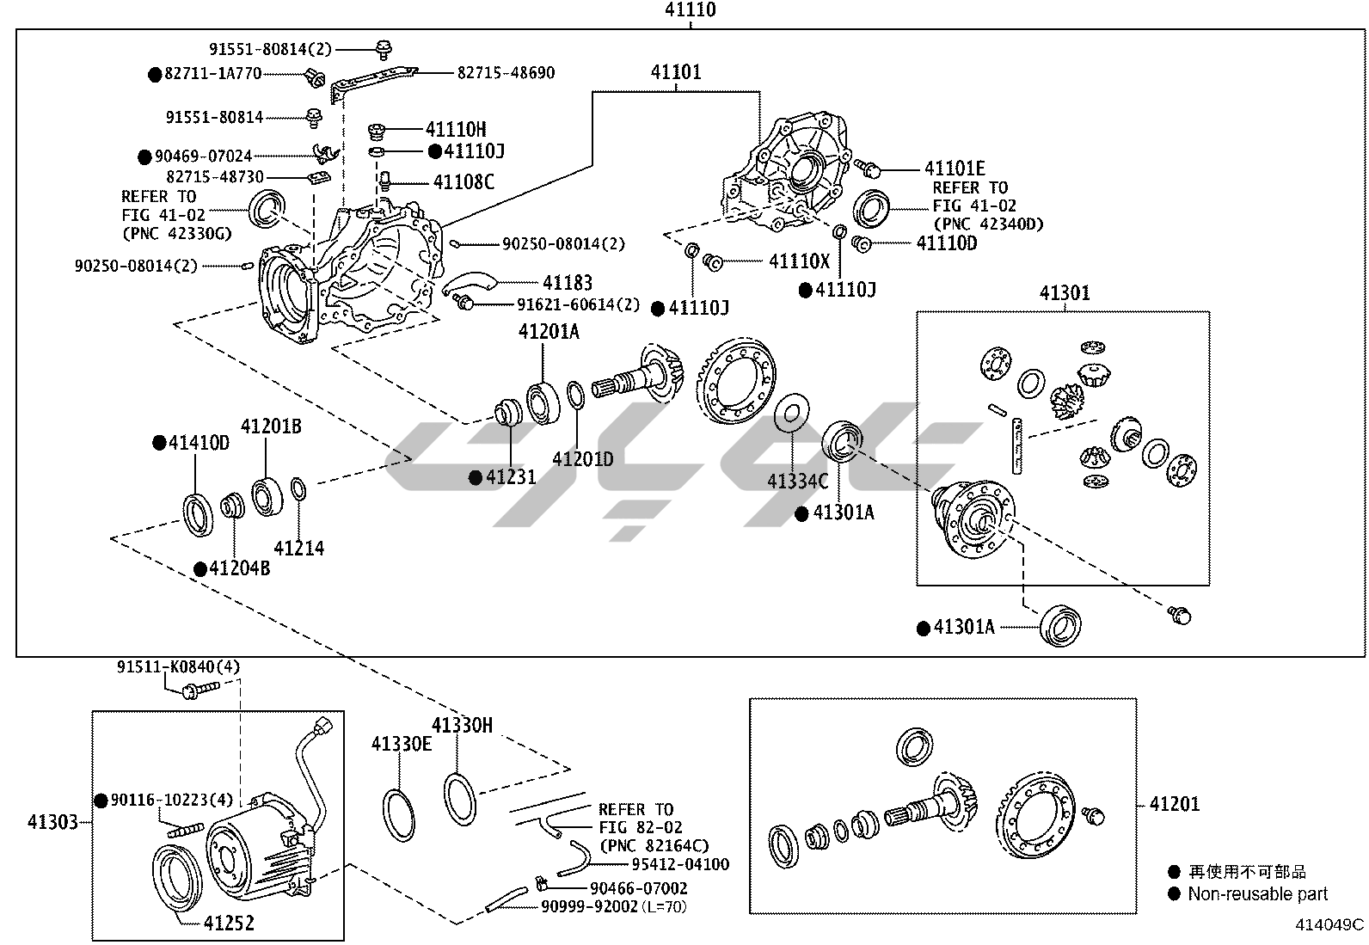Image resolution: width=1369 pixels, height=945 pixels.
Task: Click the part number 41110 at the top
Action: pos(690,10)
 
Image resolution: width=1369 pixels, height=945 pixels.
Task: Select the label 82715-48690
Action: pos(506,73)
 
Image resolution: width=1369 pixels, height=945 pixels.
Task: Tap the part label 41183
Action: pos(567,283)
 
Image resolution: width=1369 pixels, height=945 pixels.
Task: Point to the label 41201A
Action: pos(548,331)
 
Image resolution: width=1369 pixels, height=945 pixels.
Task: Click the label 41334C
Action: pos(797,482)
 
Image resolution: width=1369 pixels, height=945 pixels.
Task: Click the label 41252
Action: pos(229,924)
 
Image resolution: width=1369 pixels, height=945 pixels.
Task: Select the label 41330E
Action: pos(402,744)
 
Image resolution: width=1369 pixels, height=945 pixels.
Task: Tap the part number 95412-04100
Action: pos(680,864)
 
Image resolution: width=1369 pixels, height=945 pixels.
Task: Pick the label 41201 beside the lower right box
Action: pos(1175,804)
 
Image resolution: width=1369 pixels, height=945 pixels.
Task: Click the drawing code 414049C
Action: pos(1330,925)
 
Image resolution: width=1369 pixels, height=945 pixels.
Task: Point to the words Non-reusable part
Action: pos(1257,894)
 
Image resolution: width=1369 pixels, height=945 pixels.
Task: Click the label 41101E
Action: pos(955,169)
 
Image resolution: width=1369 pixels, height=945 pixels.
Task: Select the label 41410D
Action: pos(199,443)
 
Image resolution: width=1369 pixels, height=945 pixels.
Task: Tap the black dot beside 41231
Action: pos(476,477)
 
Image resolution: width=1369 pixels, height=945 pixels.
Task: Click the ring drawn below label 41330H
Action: pos(460,799)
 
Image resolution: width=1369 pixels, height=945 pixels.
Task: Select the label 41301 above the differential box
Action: pos(1065,293)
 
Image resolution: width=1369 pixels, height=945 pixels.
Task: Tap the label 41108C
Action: pos(463,182)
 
